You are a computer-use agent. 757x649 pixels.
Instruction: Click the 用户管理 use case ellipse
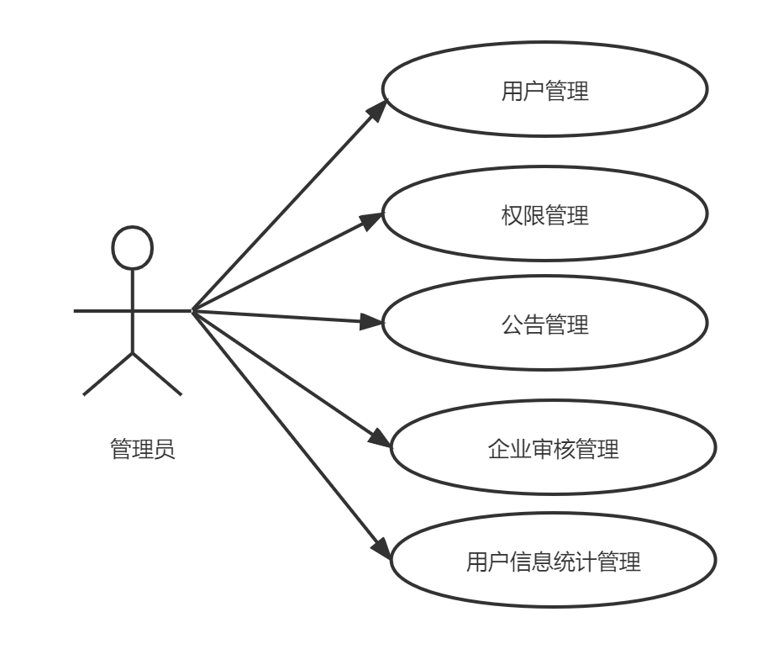pyautogui.click(x=544, y=90)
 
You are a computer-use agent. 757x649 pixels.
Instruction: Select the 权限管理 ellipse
pyautogui.click(x=544, y=214)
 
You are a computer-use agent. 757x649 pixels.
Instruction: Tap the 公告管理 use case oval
pyautogui.click(x=544, y=324)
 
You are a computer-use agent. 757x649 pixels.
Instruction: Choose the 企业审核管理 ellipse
pyautogui.click(x=553, y=448)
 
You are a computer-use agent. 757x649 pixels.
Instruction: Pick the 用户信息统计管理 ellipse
pyautogui.click(x=553, y=561)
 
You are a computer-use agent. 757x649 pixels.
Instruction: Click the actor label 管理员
pyautogui.click(x=142, y=449)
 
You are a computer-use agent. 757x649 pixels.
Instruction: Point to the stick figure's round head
pyautogui.click(x=132, y=248)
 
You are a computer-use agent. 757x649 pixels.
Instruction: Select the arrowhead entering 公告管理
pyautogui.click(x=371, y=321)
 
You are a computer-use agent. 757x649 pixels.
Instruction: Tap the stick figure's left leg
pyautogui.click(x=108, y=374)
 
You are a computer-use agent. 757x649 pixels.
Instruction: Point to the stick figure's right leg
pyautogui.click(x=157, y=374)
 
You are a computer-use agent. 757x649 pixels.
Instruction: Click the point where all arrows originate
pyautogui.click(x=192, y=311)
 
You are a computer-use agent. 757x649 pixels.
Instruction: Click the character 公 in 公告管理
pyautogui.click(x=512, y=324)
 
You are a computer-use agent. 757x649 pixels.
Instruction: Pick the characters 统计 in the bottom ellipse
pyautogui.click(x=575, y=562)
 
